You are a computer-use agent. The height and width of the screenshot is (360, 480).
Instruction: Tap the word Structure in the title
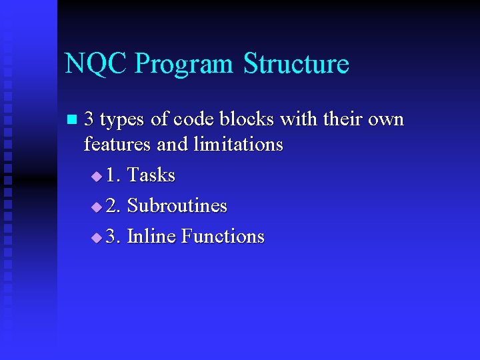296,64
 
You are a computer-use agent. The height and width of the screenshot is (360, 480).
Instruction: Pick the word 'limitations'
239,144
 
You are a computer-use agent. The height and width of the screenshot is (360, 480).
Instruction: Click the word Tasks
151,175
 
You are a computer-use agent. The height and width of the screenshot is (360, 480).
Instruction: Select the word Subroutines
177,206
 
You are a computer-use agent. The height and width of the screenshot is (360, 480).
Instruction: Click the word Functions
223,237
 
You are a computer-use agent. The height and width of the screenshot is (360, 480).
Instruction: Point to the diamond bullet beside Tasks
97,177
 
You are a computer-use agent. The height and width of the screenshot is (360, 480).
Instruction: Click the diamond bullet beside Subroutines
97,207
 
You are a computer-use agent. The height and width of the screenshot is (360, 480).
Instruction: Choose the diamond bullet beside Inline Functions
97,238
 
